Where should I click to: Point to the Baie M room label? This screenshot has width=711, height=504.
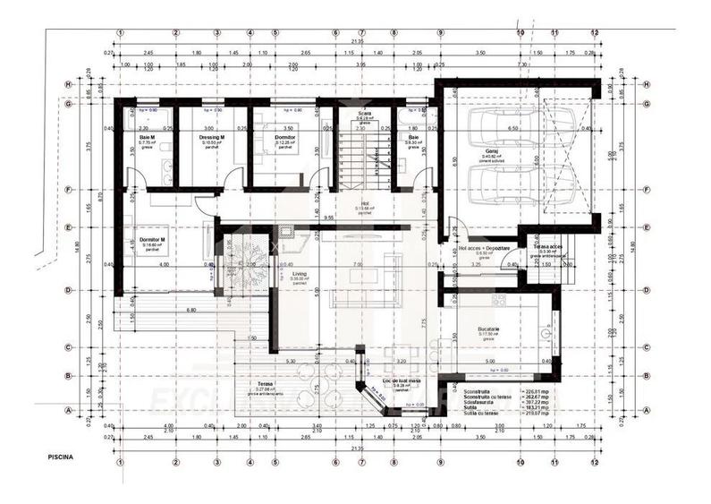coord(147,138)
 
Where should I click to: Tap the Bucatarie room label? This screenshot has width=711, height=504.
coord(488,329)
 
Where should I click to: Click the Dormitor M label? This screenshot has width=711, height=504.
coord(148,242)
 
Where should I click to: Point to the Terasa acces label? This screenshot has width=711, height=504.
coord(547,247)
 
